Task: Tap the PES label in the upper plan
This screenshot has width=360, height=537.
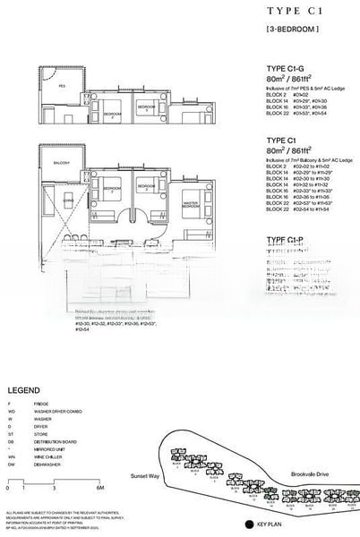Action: (62, 87)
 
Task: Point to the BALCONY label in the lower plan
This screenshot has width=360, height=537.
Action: (61, 163)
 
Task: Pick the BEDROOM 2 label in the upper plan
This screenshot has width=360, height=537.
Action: (112, 115)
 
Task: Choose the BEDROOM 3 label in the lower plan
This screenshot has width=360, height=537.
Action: (144, 187)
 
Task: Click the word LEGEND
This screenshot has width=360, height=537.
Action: (22, 391)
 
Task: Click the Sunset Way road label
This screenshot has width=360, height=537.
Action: (144, 478)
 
